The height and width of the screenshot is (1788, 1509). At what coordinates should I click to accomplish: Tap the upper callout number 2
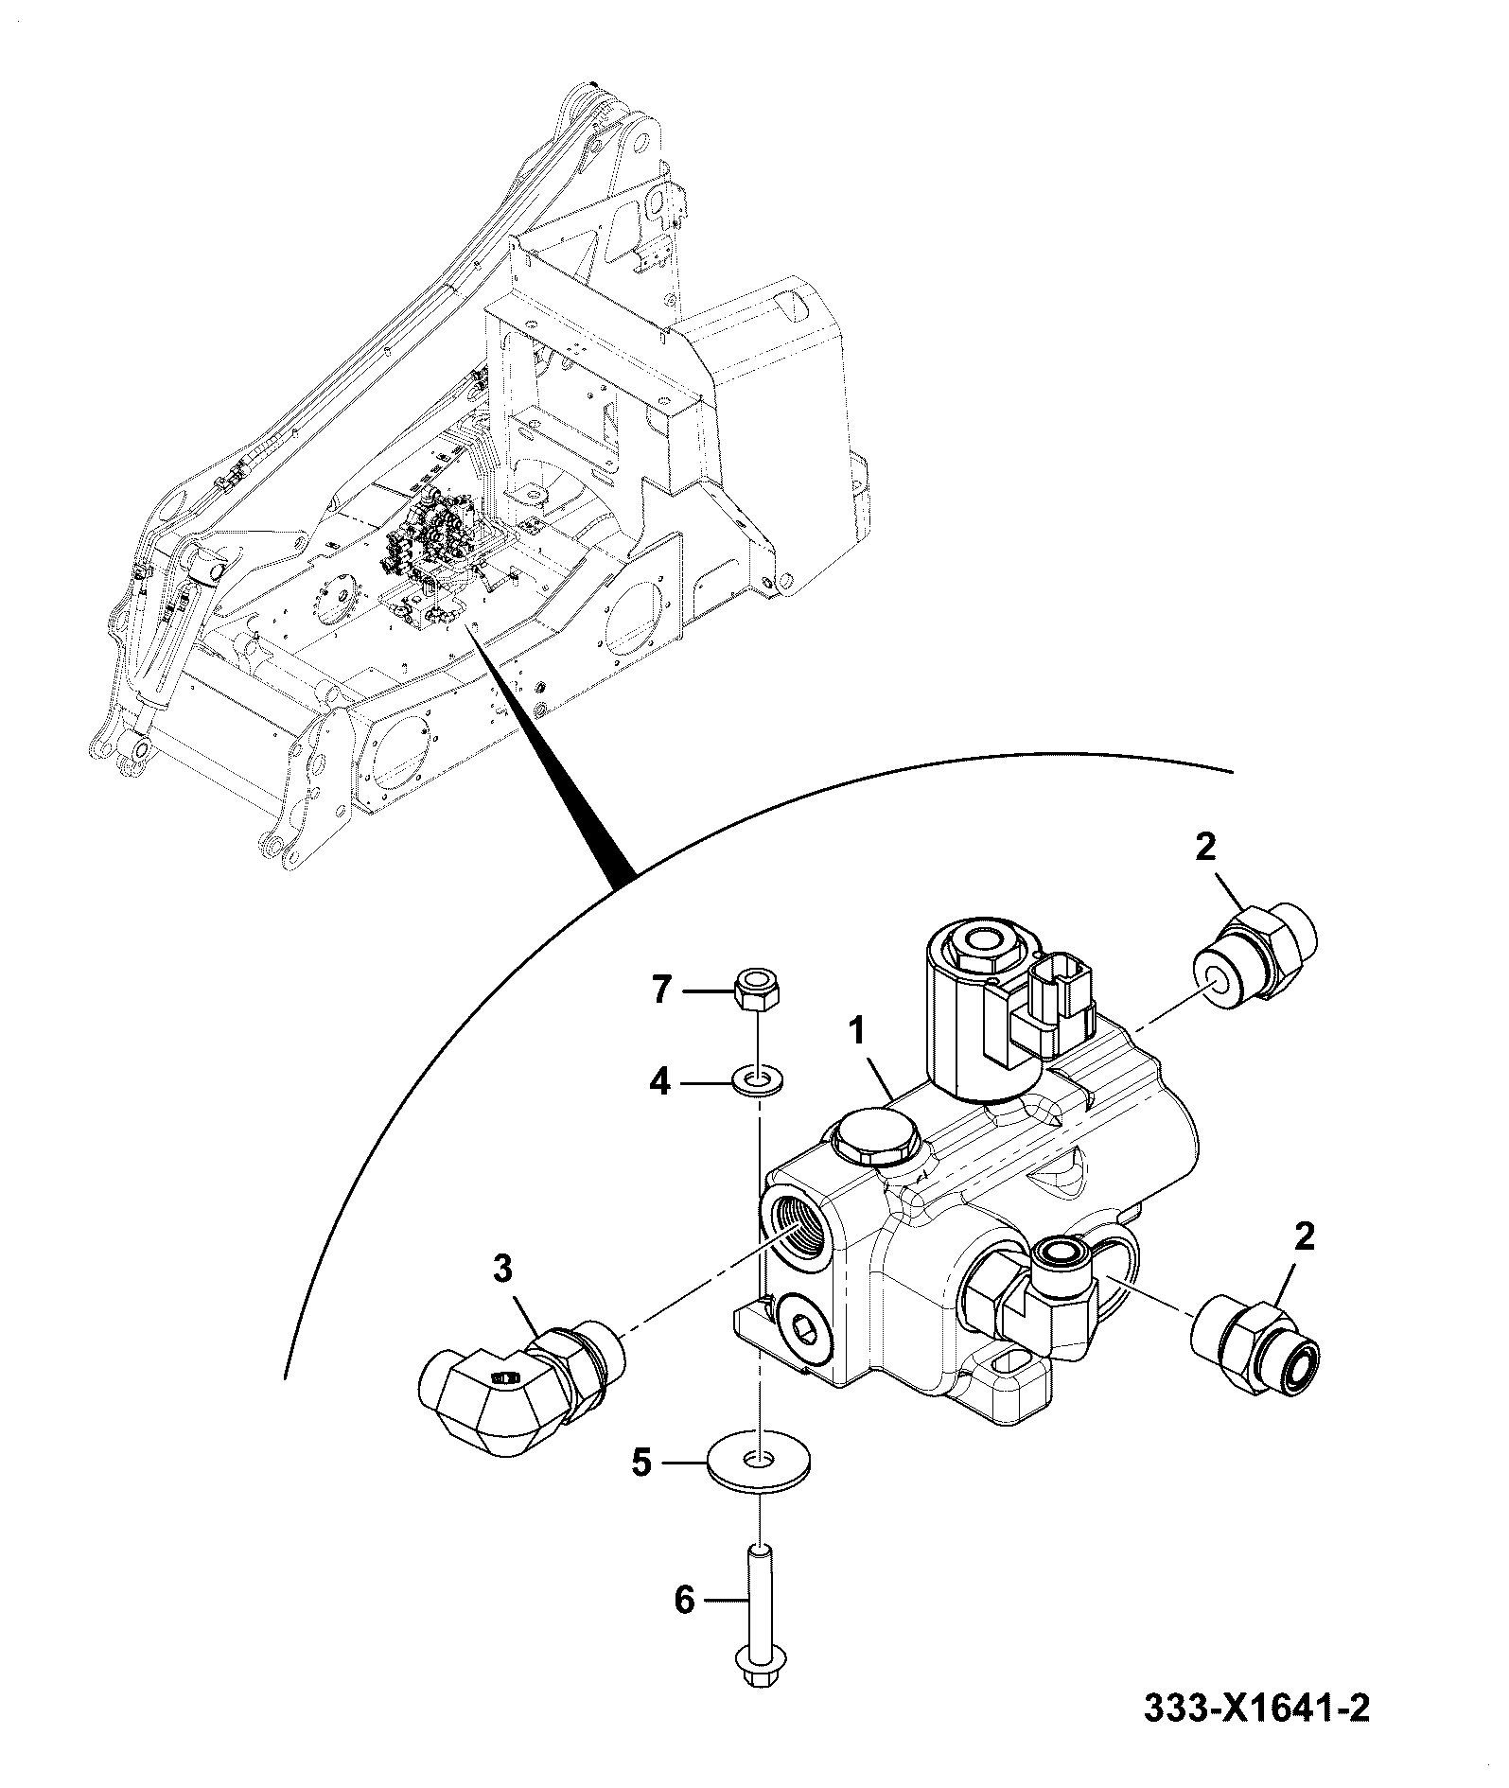coord(1204,847)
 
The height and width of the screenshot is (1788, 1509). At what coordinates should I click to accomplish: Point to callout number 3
coord(503,1269)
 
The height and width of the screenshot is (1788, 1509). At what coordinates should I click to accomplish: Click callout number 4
coord(658,1081)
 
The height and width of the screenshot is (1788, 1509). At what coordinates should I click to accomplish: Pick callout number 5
coord(641,1492)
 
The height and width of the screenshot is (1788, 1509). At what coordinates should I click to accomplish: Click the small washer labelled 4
coord(759,1080)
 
